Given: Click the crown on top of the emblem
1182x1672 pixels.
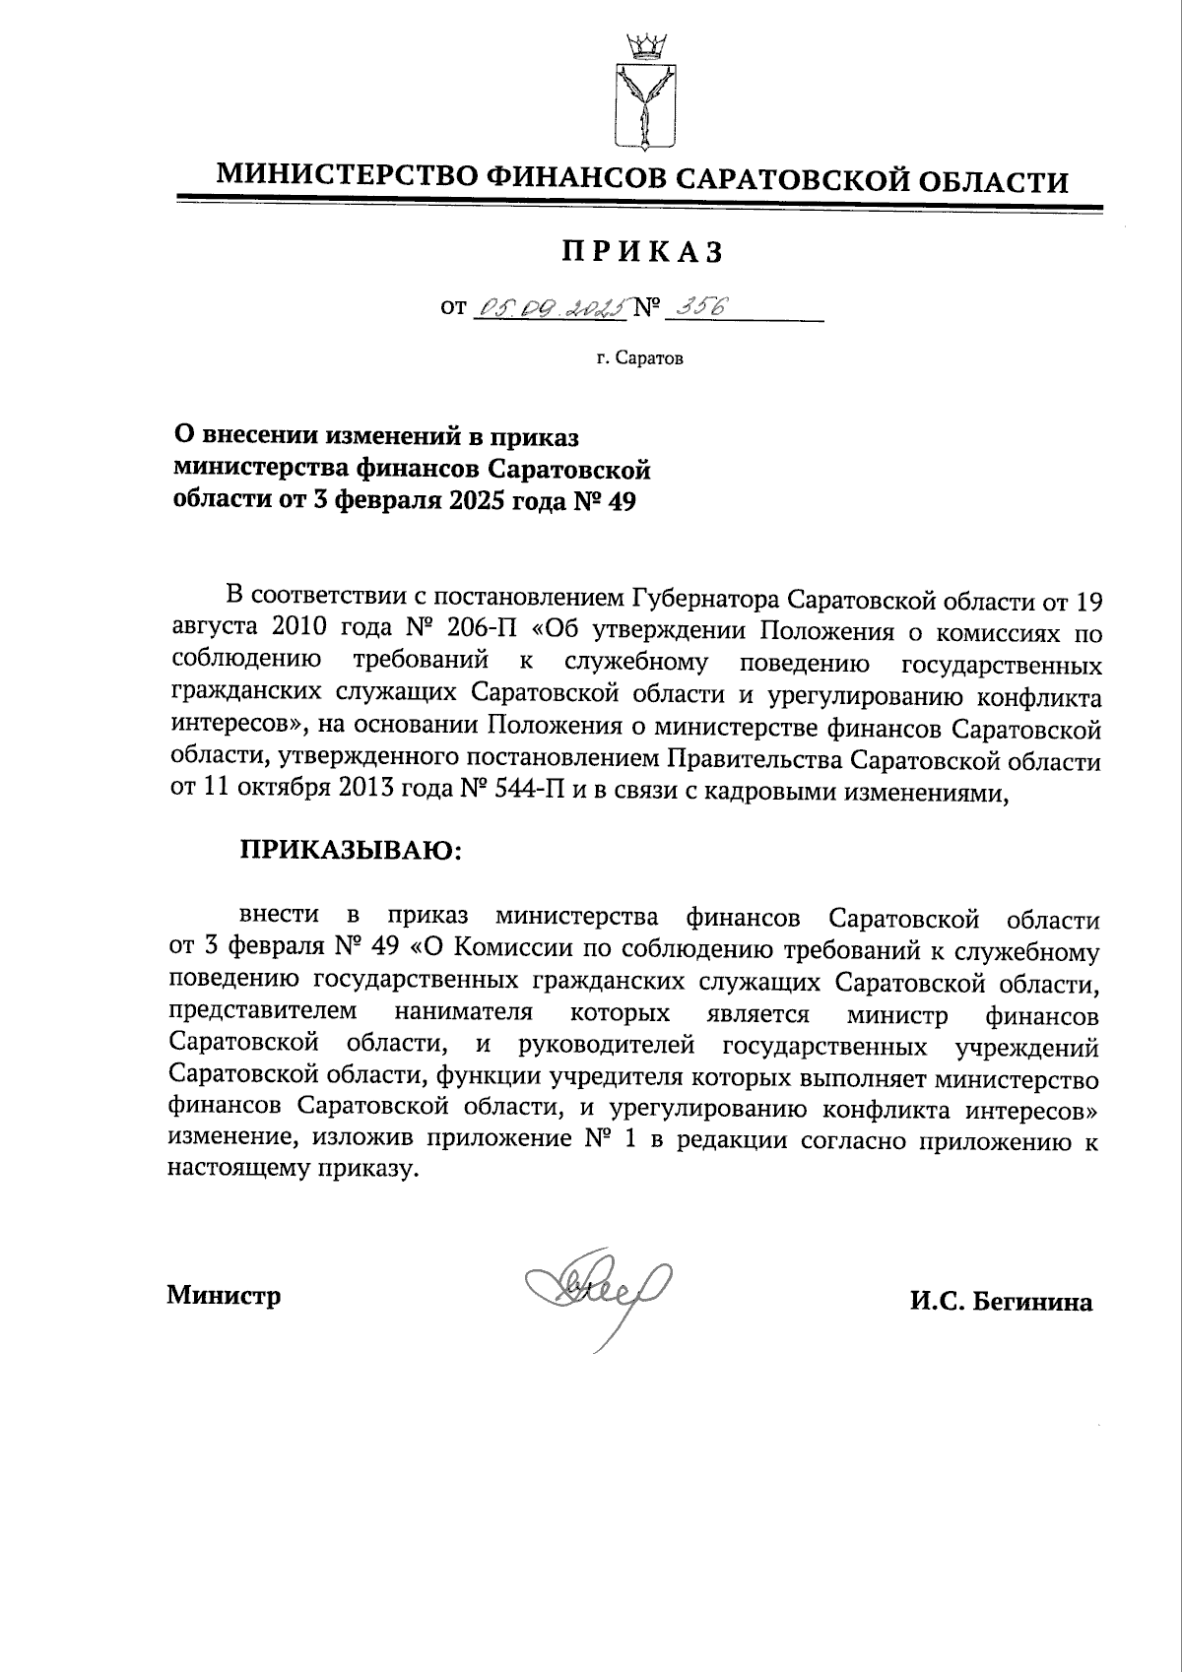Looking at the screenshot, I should pyautogui.click(x=642, y=45).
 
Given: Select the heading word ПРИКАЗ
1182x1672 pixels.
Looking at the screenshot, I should pyautogui.click(x=642, y=253).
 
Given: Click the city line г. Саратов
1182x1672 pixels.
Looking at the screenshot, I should pyautogui.click(x=638, y=358).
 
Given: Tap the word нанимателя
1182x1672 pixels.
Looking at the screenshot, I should pyautogui.click(x=464, y=1013).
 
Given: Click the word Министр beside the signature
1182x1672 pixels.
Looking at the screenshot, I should pyautogui.click(x=224, y=1295).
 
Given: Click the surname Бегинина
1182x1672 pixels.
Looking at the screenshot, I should pyautogui.click(x=1033, y=1303).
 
